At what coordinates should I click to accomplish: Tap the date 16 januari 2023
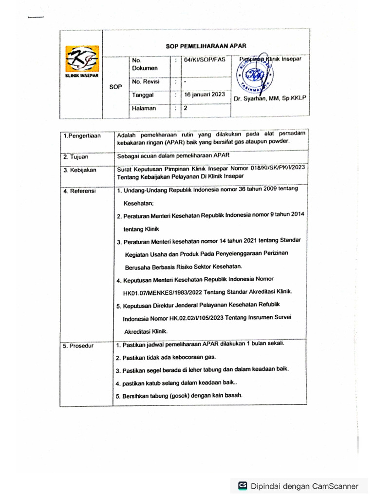click(x=204, y=95)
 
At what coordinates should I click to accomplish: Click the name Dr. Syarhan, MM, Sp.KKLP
click(x=269, y=98)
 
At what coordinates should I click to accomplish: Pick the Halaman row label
click(x=144, y=108)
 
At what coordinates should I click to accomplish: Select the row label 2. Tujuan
click(x=76, y=156)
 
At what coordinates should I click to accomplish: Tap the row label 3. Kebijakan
click(x=80, y=170)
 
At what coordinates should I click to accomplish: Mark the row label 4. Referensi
click(x=80, y=191)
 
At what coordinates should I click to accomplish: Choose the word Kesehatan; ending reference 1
click(x=139, y=203)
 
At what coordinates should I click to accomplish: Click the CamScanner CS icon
click(x=243, y=486)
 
